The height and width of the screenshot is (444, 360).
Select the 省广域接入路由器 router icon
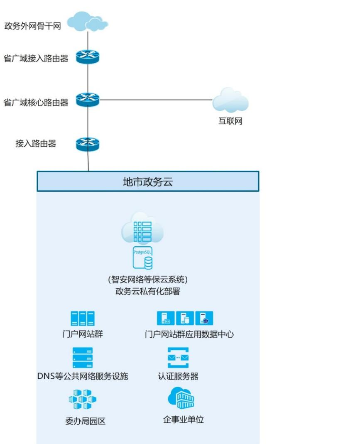pos(88,58)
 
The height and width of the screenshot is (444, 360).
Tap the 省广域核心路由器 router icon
pos(88,100)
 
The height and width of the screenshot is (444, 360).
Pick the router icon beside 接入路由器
pos(88,144)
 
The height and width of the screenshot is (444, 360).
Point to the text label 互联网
pos(230,122)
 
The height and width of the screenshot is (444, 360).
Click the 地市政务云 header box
pos(148,181)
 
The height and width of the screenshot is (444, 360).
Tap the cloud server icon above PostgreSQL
pos(142,228)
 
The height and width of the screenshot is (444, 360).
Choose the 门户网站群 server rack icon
pos(82,319)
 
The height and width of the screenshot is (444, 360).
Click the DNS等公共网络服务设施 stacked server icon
pos(82,358)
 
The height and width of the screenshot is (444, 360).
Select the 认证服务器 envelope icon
pos(178,358)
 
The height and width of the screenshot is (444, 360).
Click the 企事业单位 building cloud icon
pos(181,398)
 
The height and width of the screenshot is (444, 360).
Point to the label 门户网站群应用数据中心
pos(189,334)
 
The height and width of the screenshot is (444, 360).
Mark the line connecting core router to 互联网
pos(156,100)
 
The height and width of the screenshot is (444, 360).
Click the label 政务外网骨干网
pos(32,27)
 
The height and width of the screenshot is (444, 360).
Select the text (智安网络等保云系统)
pos(148,280)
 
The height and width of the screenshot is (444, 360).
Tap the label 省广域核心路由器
pos(36,102)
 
